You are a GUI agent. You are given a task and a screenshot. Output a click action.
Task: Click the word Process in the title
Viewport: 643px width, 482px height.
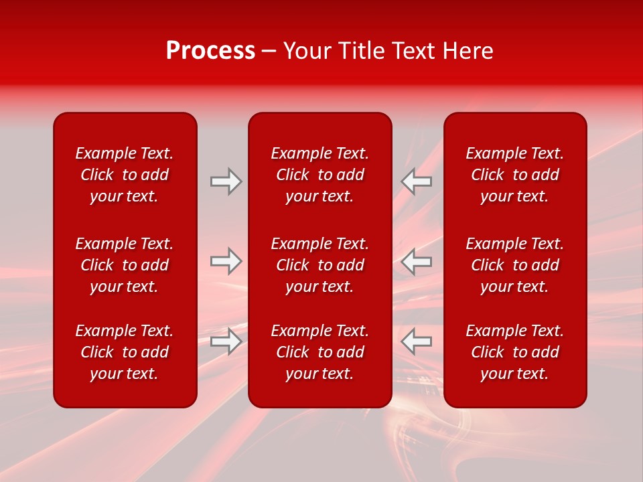click(x=210, y=51)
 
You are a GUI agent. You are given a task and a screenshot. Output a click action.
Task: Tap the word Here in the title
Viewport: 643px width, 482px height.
click(x=468, y=51)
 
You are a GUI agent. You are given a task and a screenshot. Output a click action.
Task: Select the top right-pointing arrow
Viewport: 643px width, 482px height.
click(x=226, y=181)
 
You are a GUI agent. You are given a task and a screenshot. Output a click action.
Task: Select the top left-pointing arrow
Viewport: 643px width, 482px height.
click(x=416, y=181)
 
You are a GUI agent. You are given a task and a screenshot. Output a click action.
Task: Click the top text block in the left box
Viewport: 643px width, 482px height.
click(x=125, y=175)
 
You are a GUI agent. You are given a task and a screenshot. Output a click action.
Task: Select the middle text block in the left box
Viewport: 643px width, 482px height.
click(x=125, y=265)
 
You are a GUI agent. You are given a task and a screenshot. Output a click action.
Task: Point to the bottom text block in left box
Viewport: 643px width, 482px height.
click(x=125, y=352)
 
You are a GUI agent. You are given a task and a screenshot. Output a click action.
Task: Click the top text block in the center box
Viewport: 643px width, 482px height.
click(x=320, y=175)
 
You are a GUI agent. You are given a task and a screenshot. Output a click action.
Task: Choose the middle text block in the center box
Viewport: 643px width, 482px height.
click(x=320, y=265)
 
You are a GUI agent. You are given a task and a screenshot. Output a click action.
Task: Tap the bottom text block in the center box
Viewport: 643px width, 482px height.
click(x=320, y=352)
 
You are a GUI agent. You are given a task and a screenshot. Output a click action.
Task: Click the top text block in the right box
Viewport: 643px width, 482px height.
click(x=515, y=175)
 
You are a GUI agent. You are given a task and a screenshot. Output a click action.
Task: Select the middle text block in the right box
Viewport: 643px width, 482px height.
click(x=515, y=265)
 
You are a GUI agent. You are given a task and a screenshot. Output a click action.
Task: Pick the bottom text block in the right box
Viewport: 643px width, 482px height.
click(x=515, y=352)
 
